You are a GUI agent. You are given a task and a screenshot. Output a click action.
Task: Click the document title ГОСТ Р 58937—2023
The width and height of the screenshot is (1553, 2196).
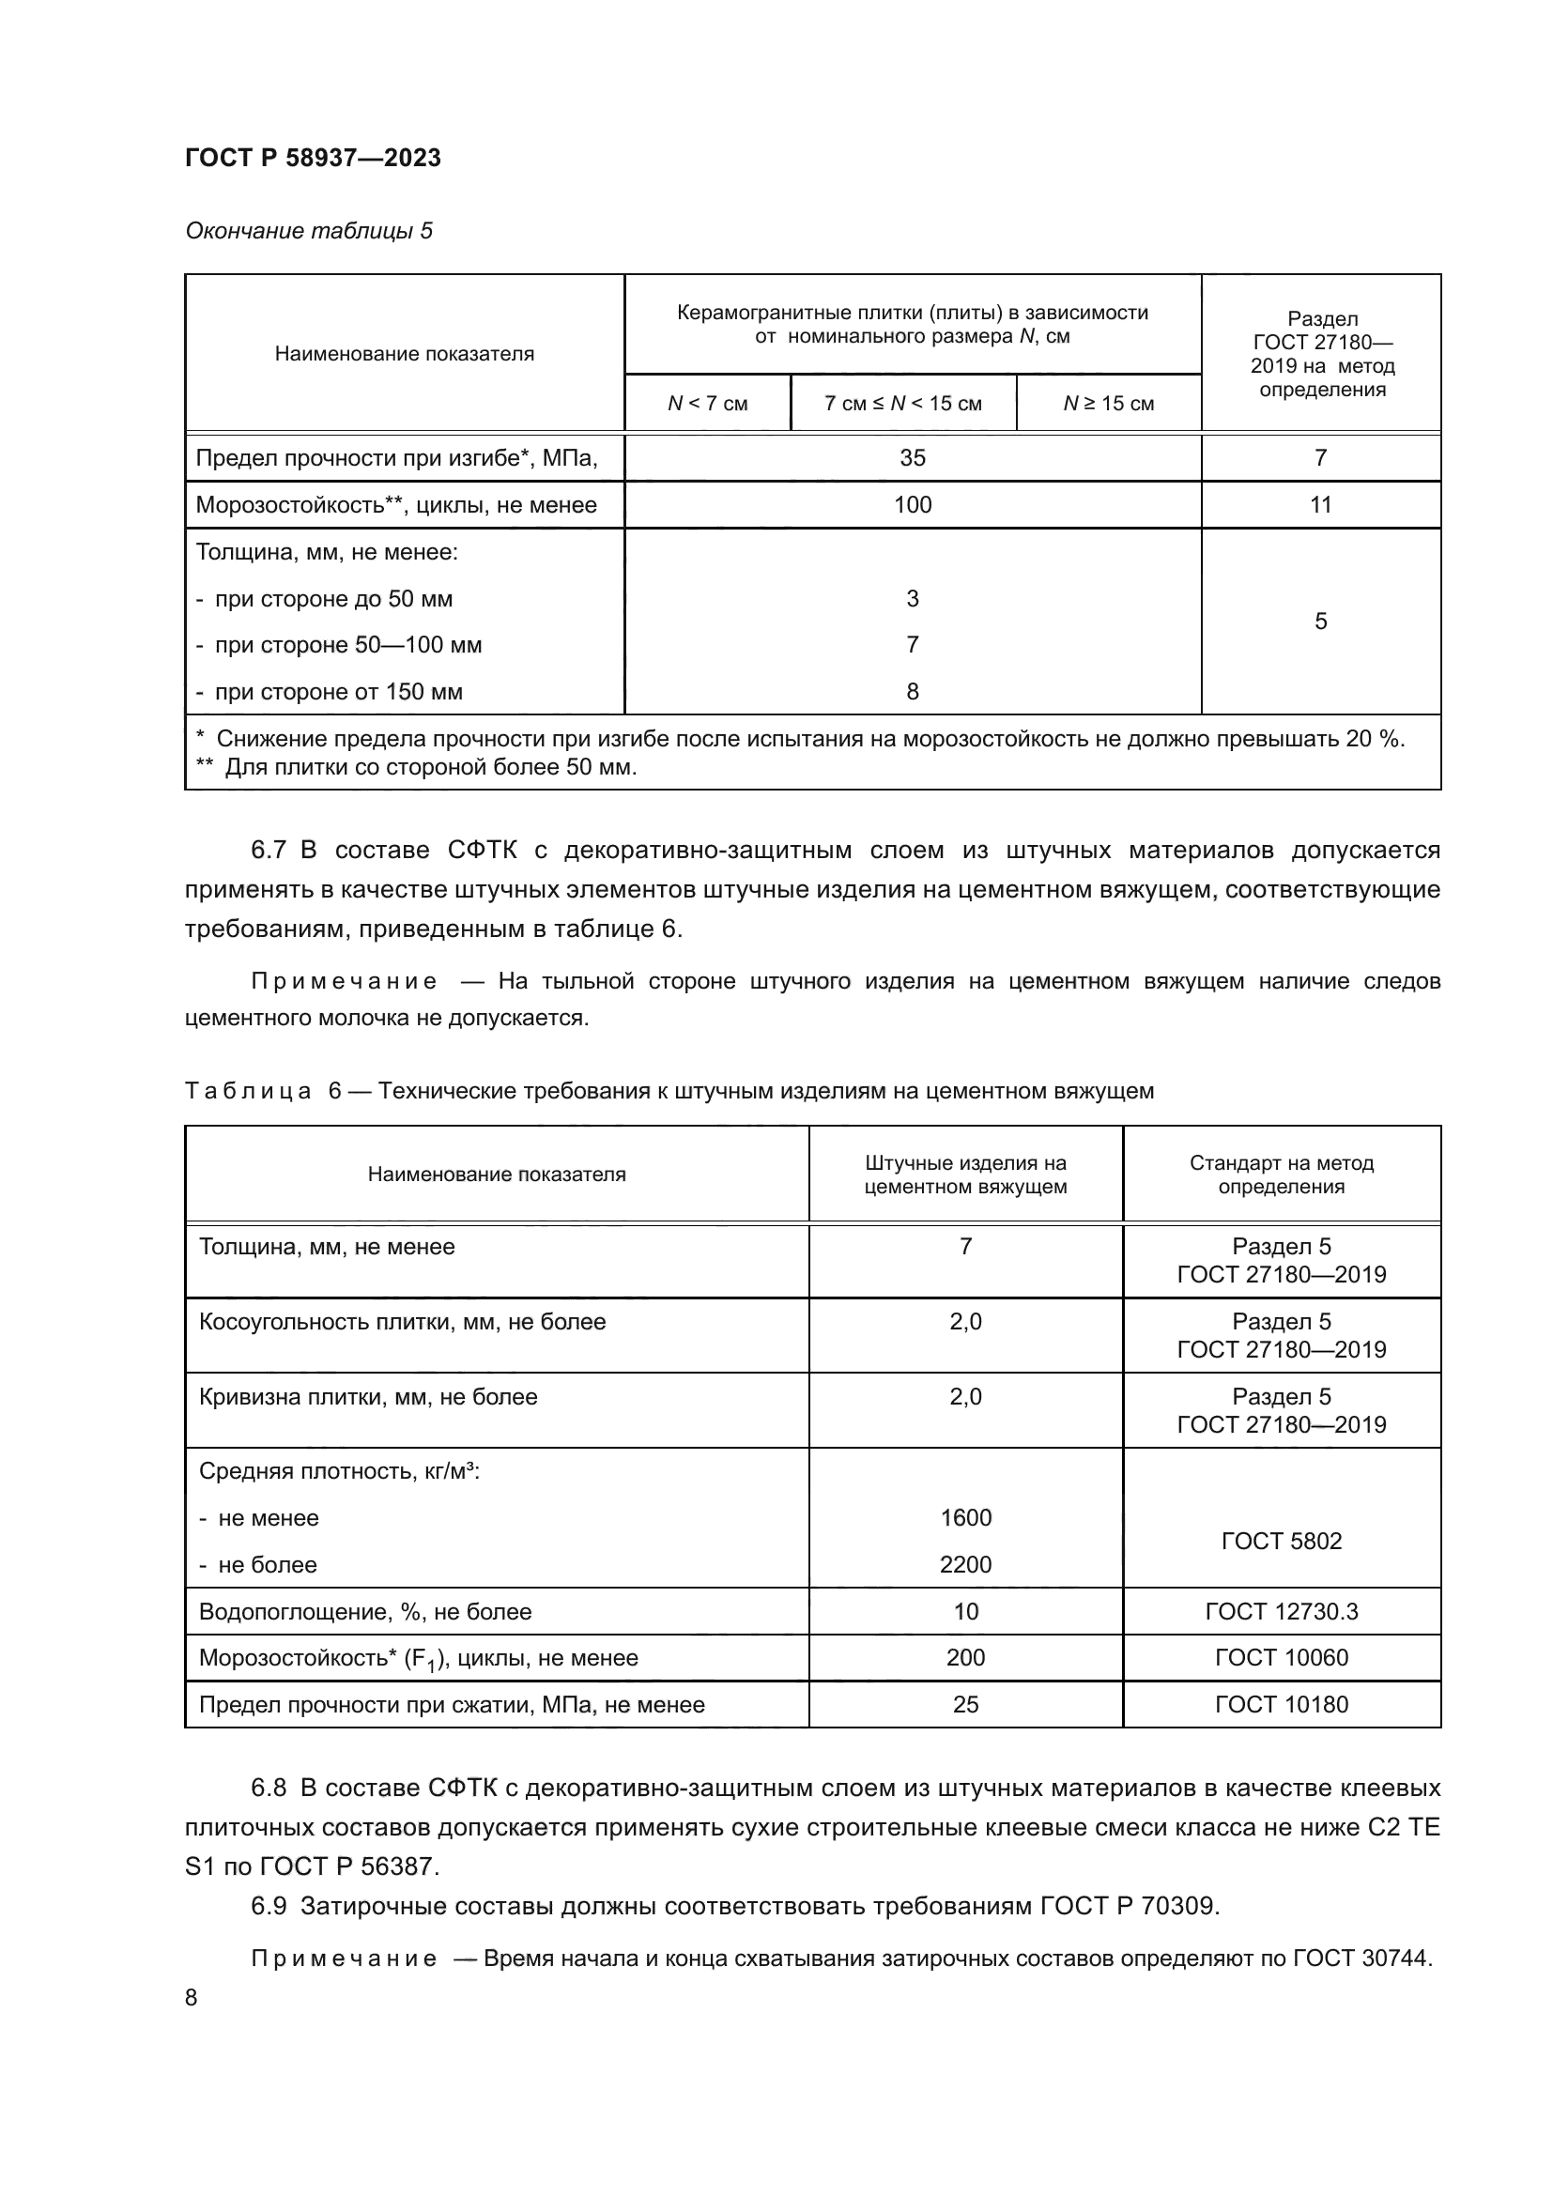313,158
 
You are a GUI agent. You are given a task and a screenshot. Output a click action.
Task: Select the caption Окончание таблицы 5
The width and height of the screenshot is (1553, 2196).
309,231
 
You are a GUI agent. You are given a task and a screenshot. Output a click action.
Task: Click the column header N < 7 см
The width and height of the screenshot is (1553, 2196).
707,404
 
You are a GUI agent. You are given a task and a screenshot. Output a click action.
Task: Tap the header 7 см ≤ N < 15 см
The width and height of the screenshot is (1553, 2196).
902,404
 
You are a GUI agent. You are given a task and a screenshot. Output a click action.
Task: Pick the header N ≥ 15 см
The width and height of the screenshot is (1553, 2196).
1107,404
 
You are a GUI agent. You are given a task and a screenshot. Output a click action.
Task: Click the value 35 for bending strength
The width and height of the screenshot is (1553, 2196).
913,458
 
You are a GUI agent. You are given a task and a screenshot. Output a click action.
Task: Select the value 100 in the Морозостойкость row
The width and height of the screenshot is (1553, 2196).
913,505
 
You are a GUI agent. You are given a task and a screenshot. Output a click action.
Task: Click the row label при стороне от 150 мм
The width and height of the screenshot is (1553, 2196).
338,692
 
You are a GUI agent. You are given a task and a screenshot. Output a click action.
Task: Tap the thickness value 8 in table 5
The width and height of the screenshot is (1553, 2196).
913,692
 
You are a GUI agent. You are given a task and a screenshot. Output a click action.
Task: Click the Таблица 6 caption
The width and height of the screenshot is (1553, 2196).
669,1091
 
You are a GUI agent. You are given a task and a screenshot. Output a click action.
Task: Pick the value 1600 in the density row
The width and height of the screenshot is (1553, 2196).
965,1518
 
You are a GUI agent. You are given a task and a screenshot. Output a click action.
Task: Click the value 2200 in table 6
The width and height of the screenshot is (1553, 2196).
965,1565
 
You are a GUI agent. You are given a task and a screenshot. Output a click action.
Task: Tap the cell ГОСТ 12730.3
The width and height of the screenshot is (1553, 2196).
1281,1612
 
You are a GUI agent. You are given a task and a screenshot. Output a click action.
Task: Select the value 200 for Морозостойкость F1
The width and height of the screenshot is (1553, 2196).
965,1657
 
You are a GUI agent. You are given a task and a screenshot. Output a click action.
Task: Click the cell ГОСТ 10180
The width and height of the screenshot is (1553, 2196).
1281,1704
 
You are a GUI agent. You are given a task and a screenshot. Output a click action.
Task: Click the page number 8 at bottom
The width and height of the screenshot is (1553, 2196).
192,1998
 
